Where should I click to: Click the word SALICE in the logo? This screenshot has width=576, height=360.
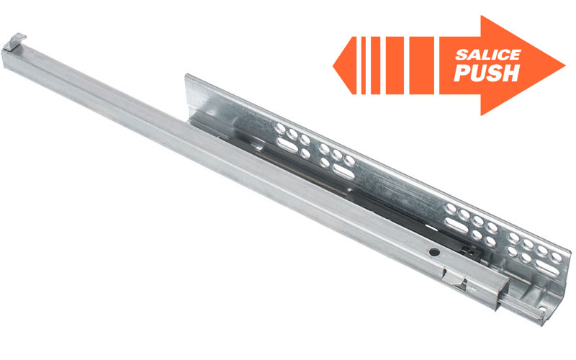(488, 55)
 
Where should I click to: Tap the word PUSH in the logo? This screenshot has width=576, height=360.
(487, 73)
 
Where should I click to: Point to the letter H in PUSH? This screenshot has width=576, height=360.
(510, 73)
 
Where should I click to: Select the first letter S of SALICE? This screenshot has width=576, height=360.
(462, 55)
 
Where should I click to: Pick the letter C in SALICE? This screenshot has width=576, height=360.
(503, 55)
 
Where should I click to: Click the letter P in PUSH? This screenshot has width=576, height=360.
(462, 73)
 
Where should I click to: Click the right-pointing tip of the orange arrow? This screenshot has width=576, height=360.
(565, 66)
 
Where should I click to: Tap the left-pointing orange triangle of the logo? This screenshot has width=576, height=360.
(345, 66)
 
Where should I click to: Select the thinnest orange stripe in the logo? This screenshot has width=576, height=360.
(364, 66)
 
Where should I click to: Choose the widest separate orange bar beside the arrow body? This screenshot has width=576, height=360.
(421, 66)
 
